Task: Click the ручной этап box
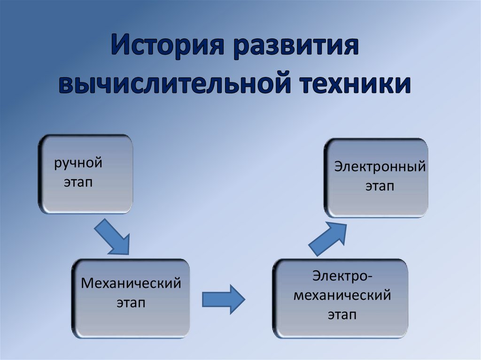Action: [85, 174]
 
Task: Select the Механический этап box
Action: [131, 294]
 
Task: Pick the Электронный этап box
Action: [376, 177]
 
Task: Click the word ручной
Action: [78, 164]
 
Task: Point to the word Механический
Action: [131, 284]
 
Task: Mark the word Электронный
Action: [380, 167]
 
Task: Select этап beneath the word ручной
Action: [78, 183]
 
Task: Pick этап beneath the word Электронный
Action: [380, 186]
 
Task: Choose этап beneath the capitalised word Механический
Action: [131, 303]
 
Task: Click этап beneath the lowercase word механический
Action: [342, 315]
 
